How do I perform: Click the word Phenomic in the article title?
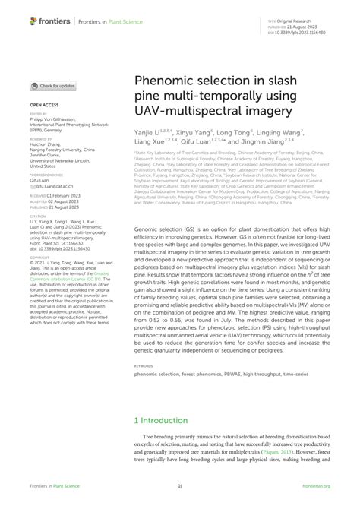168,80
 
